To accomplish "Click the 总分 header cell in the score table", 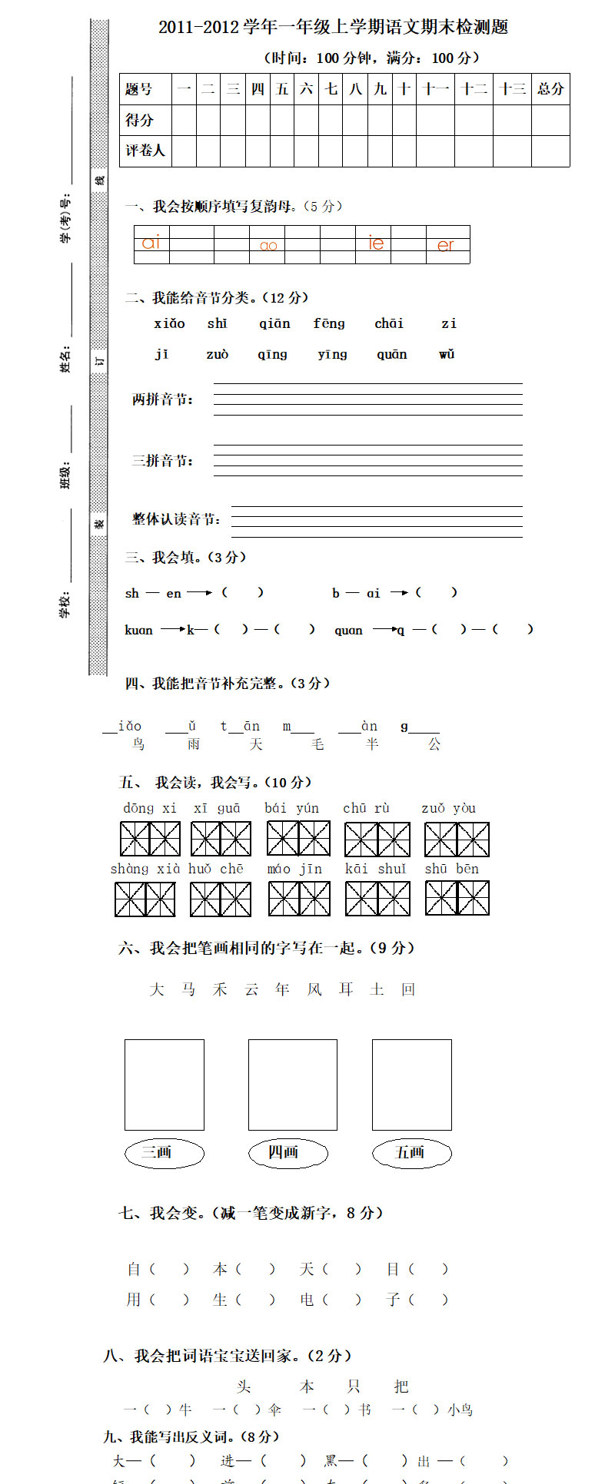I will [x=550, y=89].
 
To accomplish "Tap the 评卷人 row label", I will [x=145, y=151].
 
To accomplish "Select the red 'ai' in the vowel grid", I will [x=151, y=243].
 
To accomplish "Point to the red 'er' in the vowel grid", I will [x=446, y=245].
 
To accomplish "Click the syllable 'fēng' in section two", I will [x=329, y=323].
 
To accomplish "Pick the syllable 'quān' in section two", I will [x=392, y=354].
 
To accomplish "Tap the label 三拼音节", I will [x=163, y=460].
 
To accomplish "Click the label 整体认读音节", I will [x=177, y=519].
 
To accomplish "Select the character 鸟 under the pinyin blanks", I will [x=138, y=744].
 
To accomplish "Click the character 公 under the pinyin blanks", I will [x=434, y=744].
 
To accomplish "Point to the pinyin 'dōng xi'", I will [x=150, y=808].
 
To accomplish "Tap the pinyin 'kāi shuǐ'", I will [x=376, y=869].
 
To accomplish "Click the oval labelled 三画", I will [x=164, y=1152].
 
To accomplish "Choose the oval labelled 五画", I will [x=411, y=1152].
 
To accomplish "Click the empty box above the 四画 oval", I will [x=292, y=1085].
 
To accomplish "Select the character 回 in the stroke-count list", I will [x=408, y=989].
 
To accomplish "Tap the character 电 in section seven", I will [x=307, y=1299].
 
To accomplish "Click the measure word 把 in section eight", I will [x=401, y=1386].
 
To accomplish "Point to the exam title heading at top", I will [x=334, y=28].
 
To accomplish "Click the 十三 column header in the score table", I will [x=512, y=89].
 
